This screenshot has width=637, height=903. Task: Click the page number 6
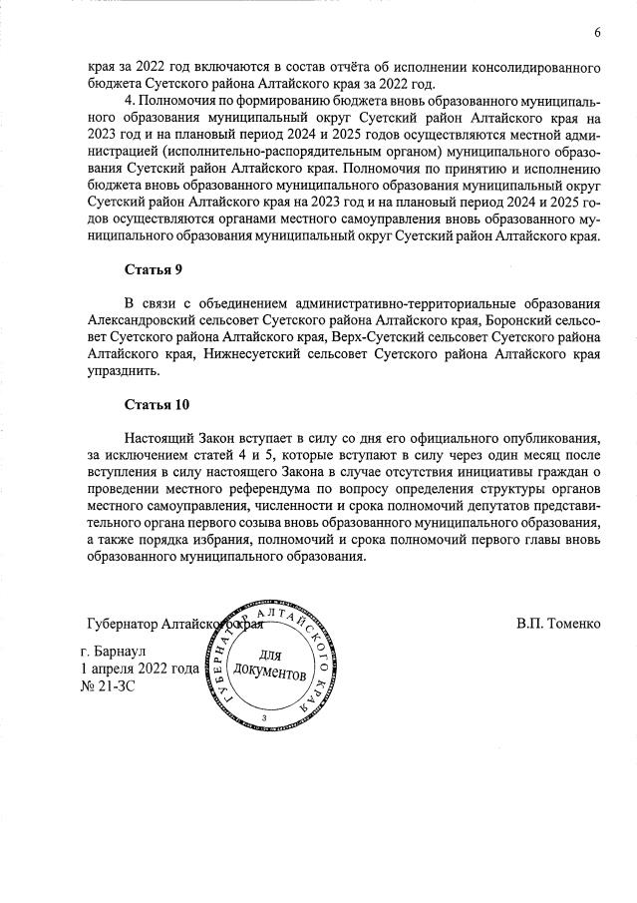pos(596,34)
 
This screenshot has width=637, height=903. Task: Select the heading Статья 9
pos(153,270)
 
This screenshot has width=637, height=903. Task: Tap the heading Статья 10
pos(157,405)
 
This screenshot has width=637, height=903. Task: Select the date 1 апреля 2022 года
pos(140,670)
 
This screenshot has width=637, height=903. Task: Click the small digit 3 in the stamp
pos(264,717)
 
